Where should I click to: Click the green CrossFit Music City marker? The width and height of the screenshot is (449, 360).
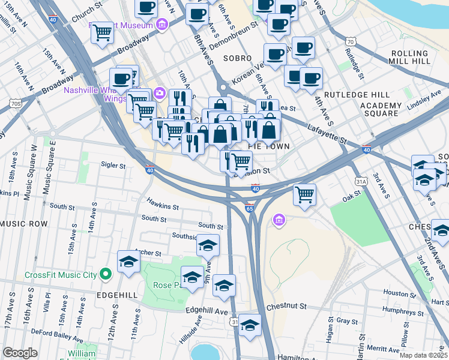coord(106,275)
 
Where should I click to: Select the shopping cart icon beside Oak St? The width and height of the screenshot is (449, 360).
coord(304,194)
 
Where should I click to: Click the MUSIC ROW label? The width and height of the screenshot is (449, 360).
coord(24,224)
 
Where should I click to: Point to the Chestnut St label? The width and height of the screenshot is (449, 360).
coord(286,306)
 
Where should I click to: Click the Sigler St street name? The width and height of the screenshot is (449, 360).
coord(113,165)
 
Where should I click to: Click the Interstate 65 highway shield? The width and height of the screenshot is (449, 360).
coord(249,208)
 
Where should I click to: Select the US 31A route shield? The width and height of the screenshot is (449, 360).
coord(361,181)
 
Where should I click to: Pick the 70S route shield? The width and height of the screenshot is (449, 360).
coord(16,104)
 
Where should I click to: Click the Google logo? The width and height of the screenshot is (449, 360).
coord(20,353)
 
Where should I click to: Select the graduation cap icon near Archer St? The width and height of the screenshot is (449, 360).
coord(128,262)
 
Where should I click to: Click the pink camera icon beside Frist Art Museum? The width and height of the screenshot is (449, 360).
coord(161,25)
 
